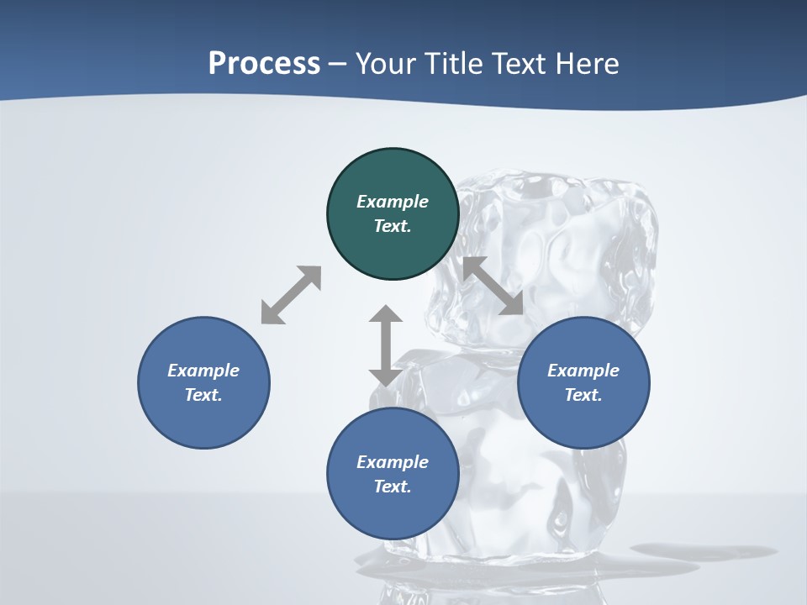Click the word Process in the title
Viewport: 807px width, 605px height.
264,64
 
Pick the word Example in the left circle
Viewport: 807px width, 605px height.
203,371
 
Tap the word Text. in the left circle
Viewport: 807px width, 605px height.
203,395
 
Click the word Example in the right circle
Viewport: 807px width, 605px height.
583,371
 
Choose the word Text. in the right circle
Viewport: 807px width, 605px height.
583,395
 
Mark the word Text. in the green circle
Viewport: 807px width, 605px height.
393,226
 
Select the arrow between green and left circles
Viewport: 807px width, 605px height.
291,295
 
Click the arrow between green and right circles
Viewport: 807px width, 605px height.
493,286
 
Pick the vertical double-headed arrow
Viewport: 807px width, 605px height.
386,345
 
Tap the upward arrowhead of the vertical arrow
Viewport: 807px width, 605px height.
386,315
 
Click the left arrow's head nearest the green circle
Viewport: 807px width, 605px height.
310,276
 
